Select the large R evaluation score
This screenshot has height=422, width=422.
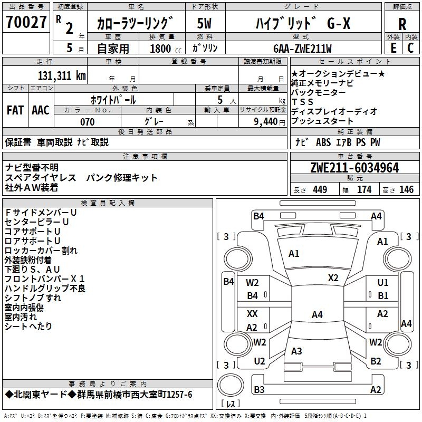[x=402, y=23]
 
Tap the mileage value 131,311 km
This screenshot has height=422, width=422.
[x=61, y=75]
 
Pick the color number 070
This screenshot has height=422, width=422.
[x=87, y=122]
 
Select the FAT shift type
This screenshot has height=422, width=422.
[x=15, y=110]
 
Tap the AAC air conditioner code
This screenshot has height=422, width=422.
[x=41, y=110]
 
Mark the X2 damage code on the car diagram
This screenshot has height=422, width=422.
[x=333, y=278]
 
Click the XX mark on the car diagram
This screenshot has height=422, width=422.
[x=252, y=314]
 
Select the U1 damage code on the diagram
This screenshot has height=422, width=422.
[x=383, y=283]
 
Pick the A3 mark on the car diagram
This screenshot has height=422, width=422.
[x=296, y=351]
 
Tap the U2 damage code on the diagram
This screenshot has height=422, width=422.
[x=259, y=361]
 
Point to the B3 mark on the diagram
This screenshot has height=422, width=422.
[x=259, y=390]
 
